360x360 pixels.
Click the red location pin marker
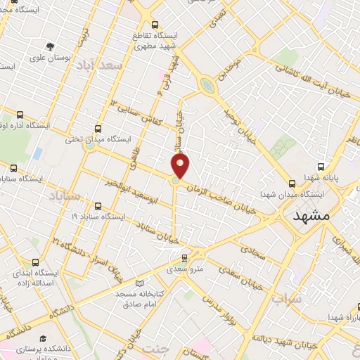tap(181, 167)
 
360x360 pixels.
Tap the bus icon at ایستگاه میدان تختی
tap(98, 129)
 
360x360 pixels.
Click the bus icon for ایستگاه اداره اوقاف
tap(19, 115)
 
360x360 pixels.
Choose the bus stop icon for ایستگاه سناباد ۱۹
tap(96, 207)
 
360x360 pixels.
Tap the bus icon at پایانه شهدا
tap(321, 167)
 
